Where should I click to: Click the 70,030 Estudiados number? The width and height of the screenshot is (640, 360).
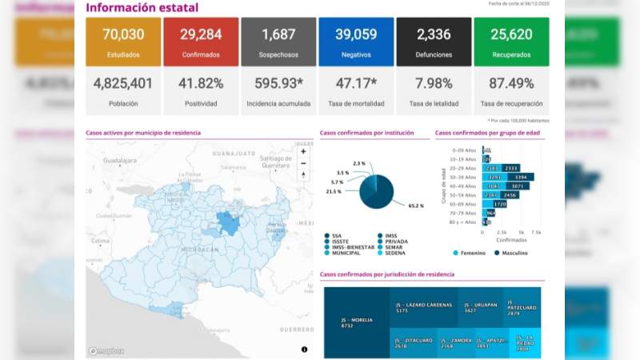[x=122, y=34]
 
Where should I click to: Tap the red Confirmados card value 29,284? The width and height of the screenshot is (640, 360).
[x=200, y=34]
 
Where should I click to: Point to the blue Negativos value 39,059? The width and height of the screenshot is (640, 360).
[x=355, y=34]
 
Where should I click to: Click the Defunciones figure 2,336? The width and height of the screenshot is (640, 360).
[x=434, y=34]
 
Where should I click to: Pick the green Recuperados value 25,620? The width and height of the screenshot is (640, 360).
[x=511, y=34]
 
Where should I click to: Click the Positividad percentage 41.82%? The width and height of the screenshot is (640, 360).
[x=200, y=83]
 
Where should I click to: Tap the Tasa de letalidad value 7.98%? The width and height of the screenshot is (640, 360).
[x=434, y=83]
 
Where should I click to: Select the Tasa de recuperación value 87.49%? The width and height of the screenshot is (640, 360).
[x=511, y=83]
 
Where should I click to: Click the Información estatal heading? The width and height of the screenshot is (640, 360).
[x=142, y=8]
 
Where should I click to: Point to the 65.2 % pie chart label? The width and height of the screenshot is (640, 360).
[x=415, y=206]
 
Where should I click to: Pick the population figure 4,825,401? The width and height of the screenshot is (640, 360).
[x=122, y=83]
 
